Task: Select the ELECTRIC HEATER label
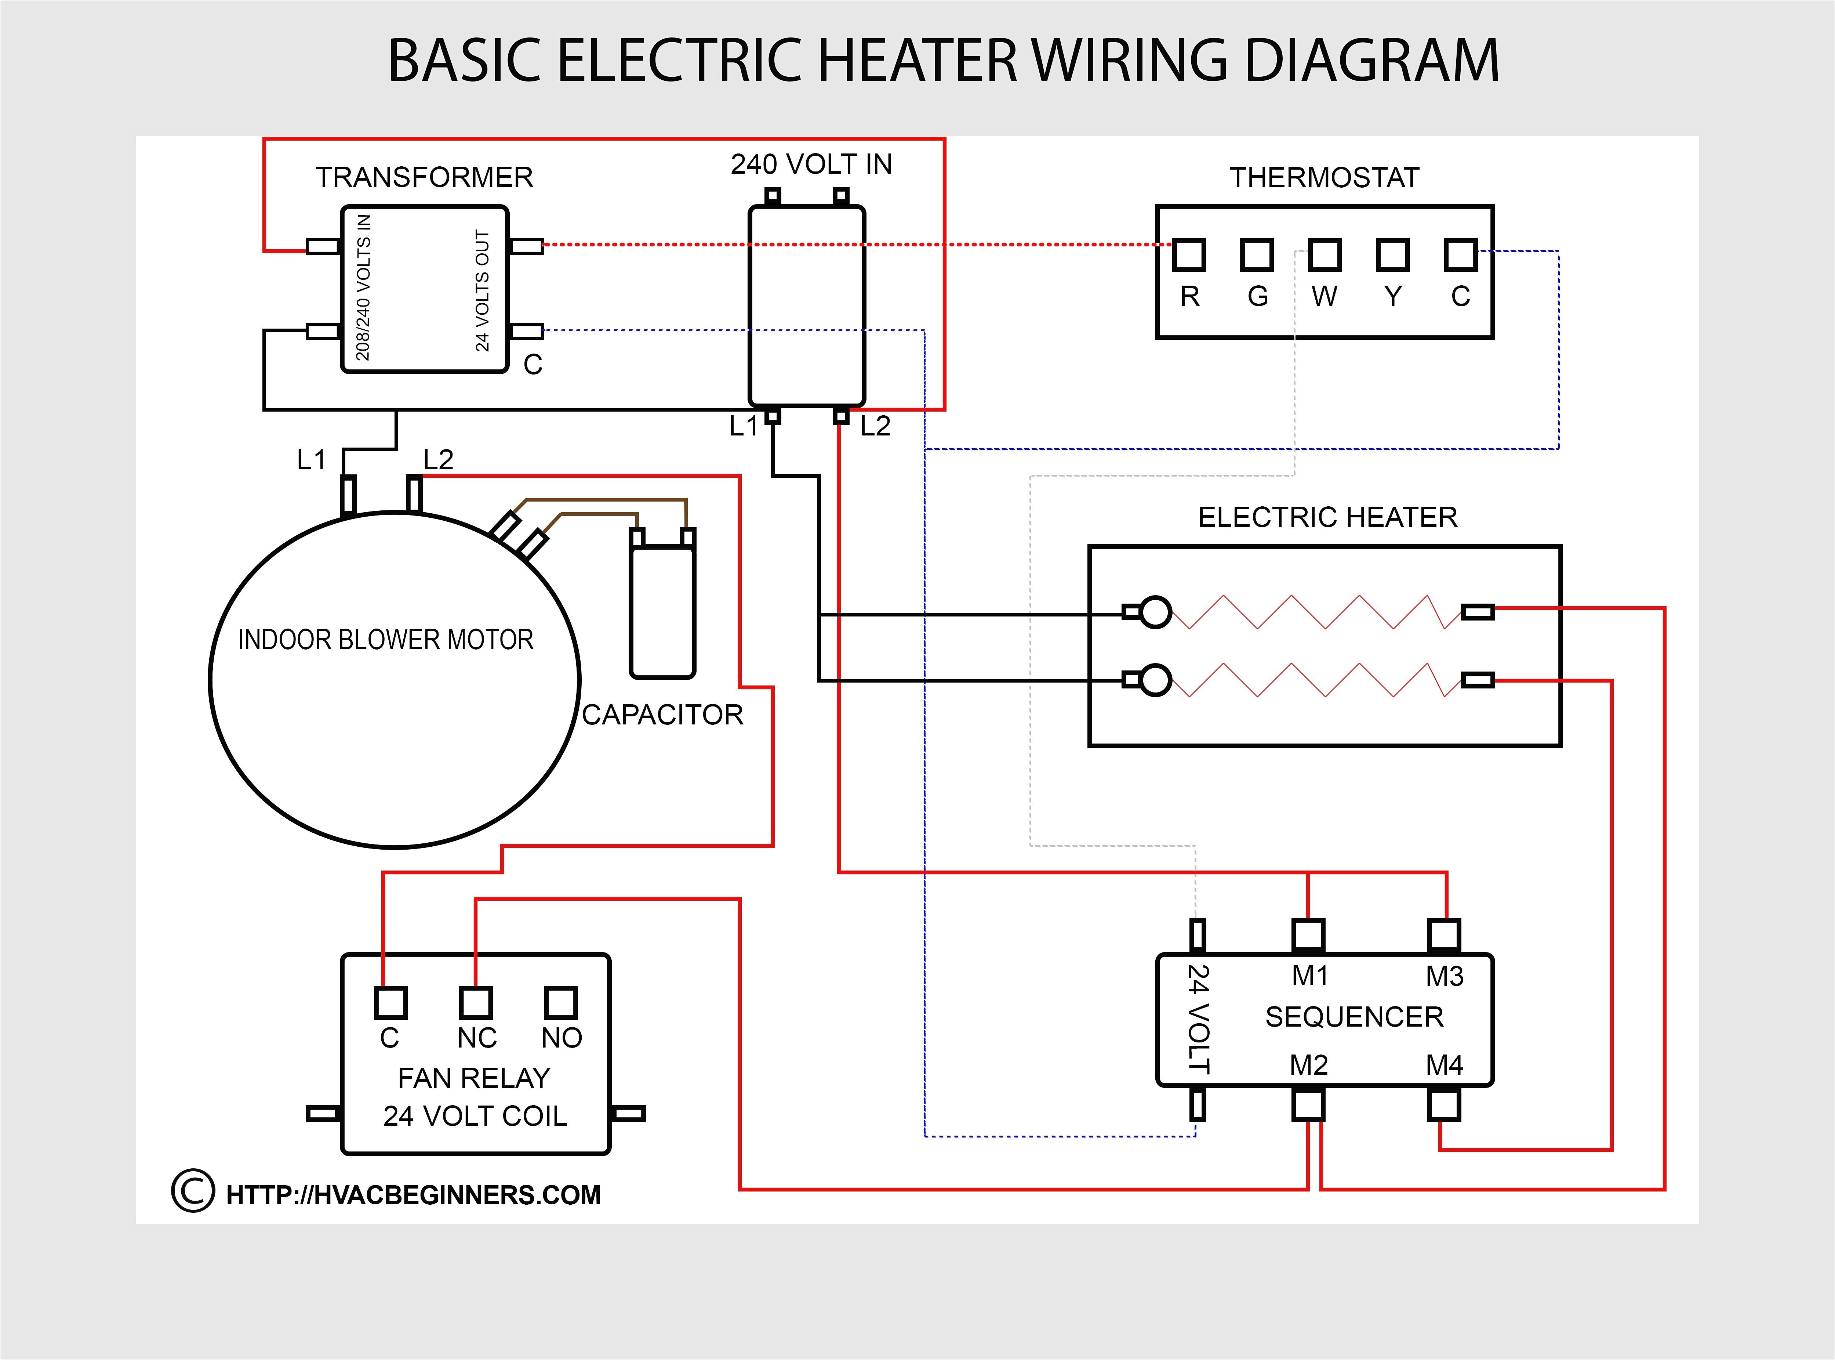(x=1327, y=517)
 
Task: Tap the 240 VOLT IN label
(x=811, y=164)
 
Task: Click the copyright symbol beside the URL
(x=193, y=1190)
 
